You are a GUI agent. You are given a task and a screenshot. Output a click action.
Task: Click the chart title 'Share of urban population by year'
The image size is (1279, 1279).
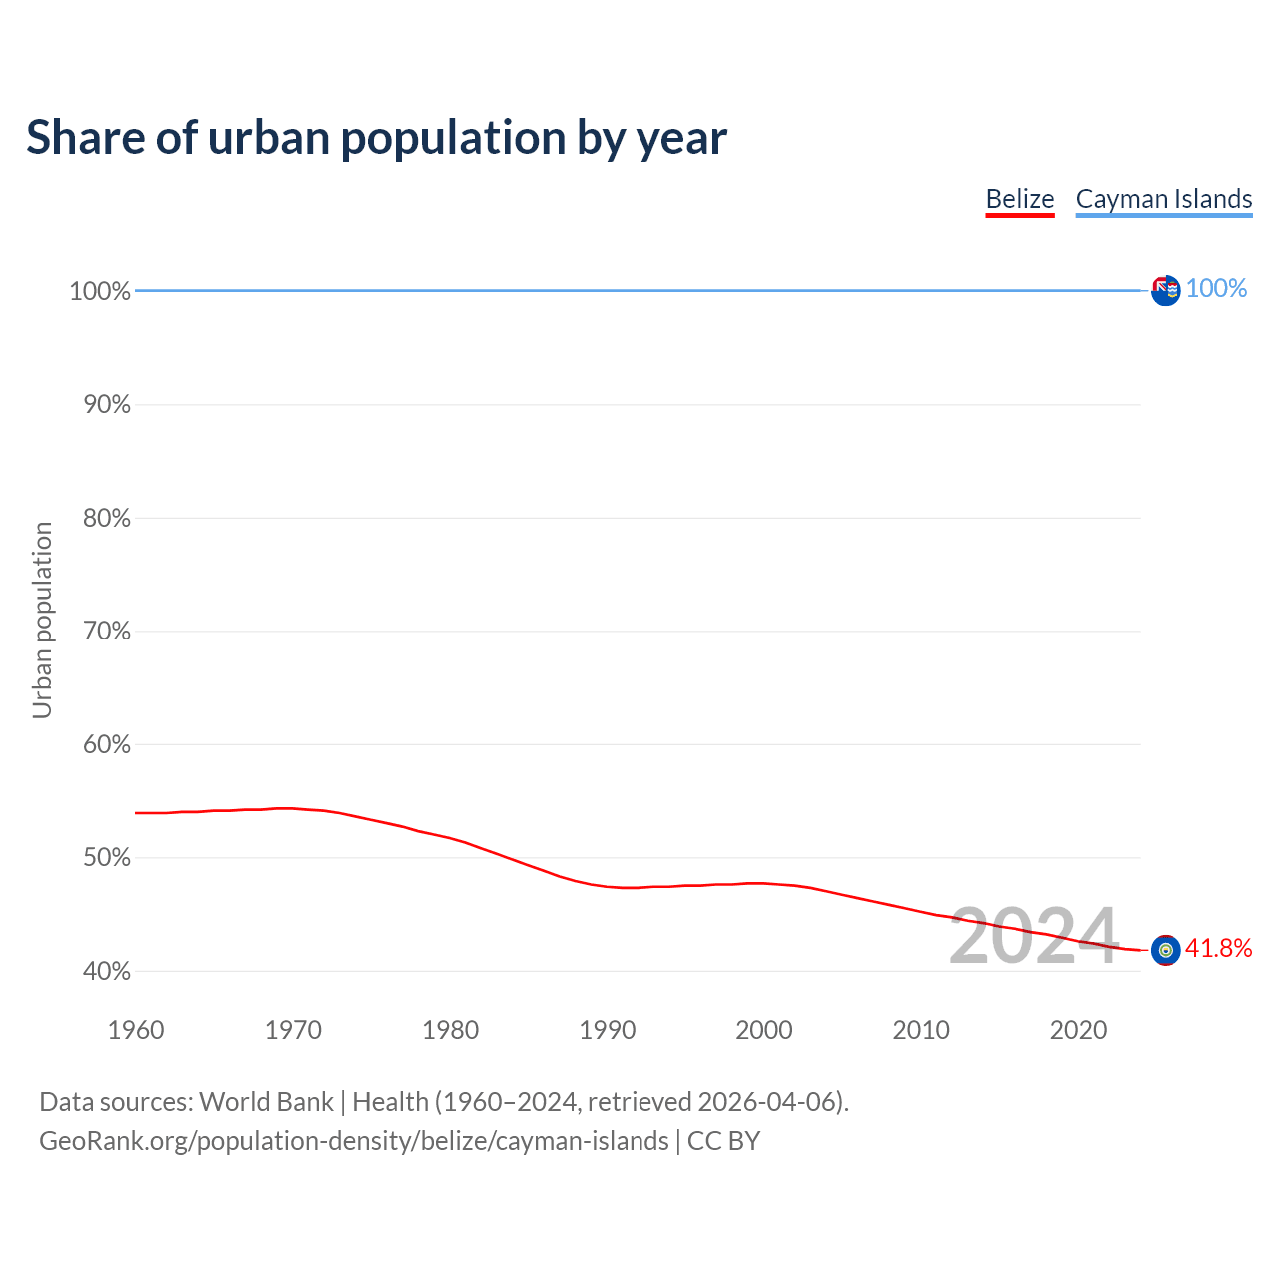click(377, 138)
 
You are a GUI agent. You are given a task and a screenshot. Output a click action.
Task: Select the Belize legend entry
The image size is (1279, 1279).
click(1019, 199)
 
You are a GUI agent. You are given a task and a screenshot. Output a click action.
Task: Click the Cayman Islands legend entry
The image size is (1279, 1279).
click(1163, 199)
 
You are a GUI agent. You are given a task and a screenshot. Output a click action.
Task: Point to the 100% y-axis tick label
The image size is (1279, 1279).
click(100, 291)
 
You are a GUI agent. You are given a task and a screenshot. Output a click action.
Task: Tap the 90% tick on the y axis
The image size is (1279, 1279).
click(106, 405)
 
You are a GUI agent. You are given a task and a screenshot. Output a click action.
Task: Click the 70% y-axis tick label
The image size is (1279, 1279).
click(106, 632)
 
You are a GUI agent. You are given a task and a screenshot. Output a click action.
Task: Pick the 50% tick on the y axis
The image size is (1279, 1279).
click(106, 858)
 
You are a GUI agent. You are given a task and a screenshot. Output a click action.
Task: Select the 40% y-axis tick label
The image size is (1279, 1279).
click(106, 971)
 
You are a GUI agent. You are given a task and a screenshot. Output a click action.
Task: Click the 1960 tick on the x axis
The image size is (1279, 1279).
click(136, 1030)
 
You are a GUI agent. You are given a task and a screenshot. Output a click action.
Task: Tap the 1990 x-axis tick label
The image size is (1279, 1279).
click(608, 1030)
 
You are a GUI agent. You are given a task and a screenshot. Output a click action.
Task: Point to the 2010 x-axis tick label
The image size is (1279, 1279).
click(921, 1030)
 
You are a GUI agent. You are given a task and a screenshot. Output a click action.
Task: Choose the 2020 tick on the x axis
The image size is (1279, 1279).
click(1078, 1030)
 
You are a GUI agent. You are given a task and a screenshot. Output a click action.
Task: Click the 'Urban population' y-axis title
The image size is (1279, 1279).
click(42, 621)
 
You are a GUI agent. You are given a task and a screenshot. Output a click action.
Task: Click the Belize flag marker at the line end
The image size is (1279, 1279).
click(1165, 950)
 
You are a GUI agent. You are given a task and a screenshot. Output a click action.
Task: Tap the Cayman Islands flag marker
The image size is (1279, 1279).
click(1165, 290)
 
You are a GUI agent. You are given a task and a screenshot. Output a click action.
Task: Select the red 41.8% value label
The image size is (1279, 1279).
click(1218, 948)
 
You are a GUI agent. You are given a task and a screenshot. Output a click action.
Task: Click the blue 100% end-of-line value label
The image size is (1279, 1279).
click(1216, 288)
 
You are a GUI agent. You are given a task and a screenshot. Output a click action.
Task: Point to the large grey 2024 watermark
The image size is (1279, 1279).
click(1033, 936)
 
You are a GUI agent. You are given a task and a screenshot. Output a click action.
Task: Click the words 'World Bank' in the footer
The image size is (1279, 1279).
click(266, 1102)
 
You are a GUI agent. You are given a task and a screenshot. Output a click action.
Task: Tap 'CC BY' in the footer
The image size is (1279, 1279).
click(723, 1141)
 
